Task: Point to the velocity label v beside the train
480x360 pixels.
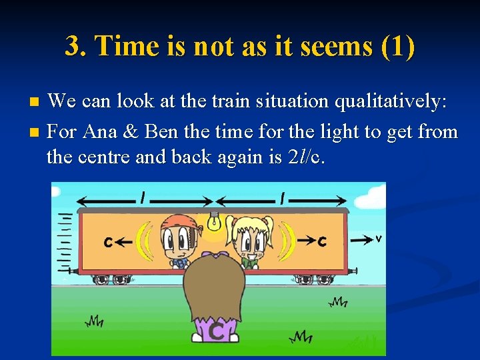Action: tap(378, 238)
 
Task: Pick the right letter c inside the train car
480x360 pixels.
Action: tap(322, 241)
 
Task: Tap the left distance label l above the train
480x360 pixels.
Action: tap(142, 197)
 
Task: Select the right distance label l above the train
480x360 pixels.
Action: tap(283, 197)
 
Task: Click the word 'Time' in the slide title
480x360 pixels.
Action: tap(127, 46)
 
